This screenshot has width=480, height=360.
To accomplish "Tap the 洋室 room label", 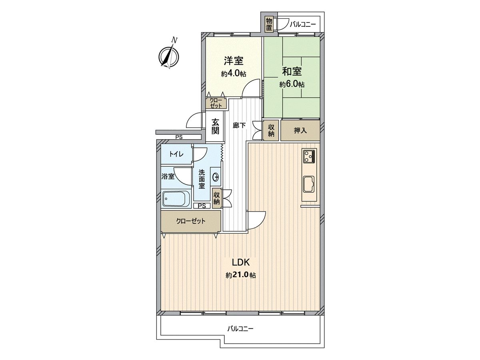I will pyautogui.click(x=234, y=61).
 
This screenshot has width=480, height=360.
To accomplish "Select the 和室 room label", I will pyautogui.click(x=292, y=72).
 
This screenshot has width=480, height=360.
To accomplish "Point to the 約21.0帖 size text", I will pyautogui.click(x=241, y=275).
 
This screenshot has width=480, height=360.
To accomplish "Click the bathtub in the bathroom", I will pyautogui.click(x=176, y=198).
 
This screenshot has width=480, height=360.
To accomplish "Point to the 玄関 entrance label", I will pyautogui.click(x=216, y=126).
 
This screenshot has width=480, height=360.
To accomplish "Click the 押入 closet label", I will pyautogui.click(x=300, y=130).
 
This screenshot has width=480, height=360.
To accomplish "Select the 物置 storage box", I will pyautogui.click(x=269, y=24).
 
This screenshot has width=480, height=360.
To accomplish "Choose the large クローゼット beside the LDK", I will pyautogui.click(x=191, y=221).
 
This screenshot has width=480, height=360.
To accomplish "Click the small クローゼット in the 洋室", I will pyautogui.click(x=216, y=103).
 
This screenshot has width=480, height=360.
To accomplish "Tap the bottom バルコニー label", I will pyautogui.click(x=240, y=329).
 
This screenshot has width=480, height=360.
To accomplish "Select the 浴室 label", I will pyautogui.click(x=168, y=176).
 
